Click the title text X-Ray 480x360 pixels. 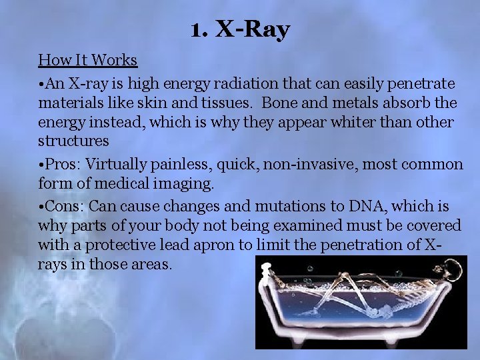pos(254,29)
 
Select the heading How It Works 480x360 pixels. pos(87,60)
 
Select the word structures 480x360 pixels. pos(73,141)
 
